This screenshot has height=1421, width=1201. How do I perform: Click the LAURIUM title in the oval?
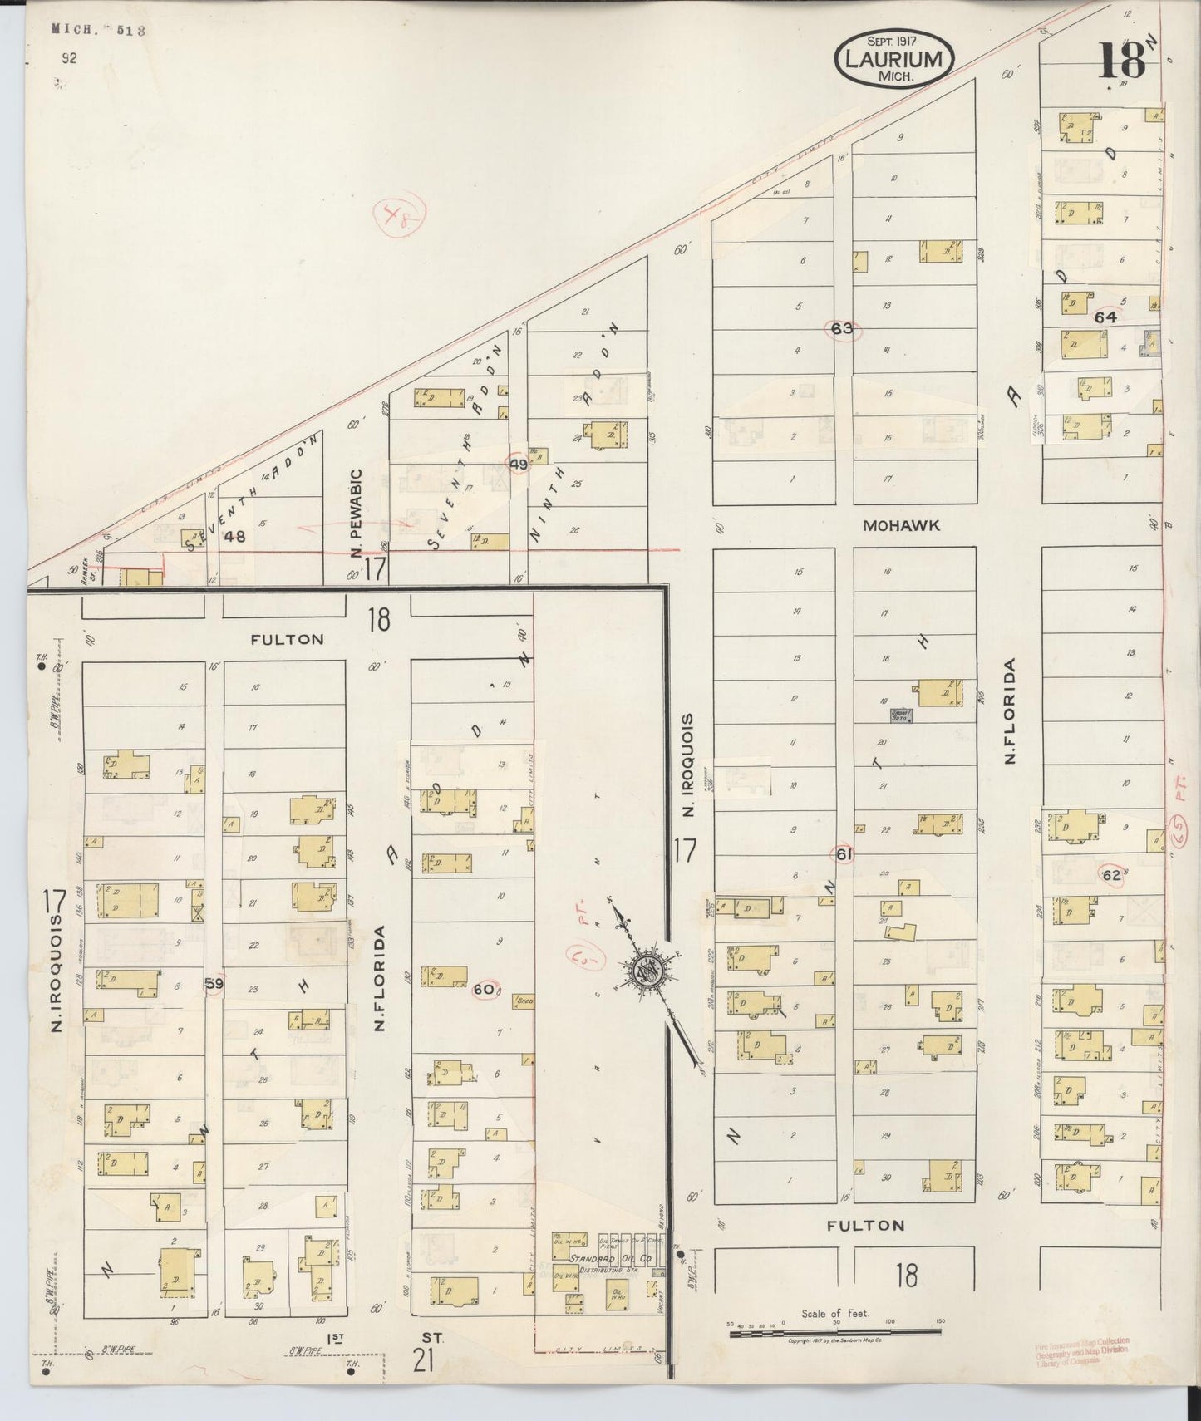894,59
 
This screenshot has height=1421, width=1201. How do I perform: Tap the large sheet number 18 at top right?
1122,61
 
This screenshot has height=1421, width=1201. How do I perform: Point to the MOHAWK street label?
901,525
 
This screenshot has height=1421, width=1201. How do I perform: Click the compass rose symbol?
645,971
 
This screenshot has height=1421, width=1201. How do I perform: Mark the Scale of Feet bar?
835,1334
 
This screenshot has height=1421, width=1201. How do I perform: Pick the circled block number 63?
842,328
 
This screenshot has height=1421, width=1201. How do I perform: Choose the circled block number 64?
1105,317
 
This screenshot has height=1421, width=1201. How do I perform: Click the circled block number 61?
844,853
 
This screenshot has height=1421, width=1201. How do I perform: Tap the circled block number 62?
1110,874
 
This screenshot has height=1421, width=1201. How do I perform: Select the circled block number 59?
214,983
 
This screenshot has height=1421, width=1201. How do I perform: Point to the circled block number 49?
518,465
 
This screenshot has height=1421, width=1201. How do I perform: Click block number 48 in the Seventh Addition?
235,537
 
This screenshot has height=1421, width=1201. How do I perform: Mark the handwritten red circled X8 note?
400,218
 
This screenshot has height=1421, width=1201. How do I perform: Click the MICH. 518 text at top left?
99,29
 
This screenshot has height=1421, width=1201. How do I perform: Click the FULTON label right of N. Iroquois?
866,1225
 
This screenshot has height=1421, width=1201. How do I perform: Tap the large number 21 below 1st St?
424,1362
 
